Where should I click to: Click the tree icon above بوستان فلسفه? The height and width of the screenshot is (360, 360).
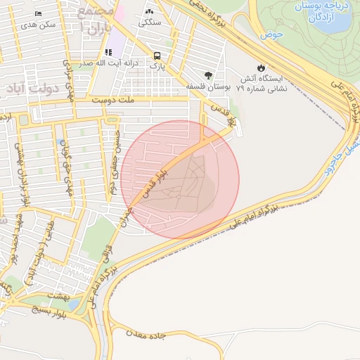[208, 75]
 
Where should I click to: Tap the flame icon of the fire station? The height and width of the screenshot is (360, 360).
[261, 67]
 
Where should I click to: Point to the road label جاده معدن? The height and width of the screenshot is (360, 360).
[147, 333]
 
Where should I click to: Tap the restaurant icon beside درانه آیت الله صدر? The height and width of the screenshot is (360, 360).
[108, 52]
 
